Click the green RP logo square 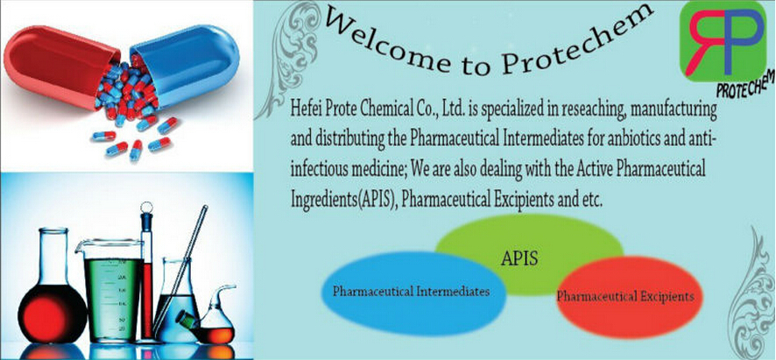(722, 40)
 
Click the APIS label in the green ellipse (519, 258)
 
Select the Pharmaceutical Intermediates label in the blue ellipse (412, 291)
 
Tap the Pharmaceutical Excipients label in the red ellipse (624, 297)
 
